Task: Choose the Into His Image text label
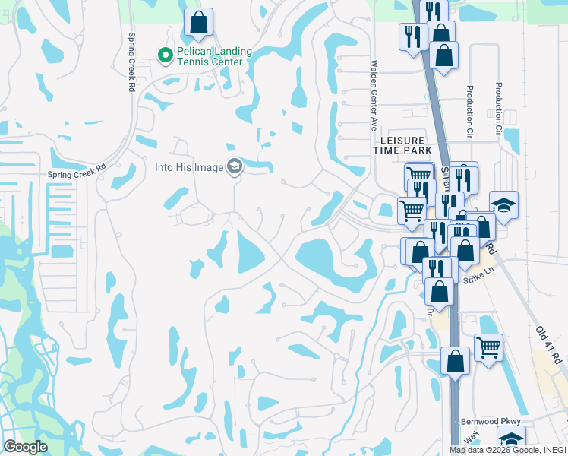pos(188,167)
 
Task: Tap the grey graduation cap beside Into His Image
pos(235,167)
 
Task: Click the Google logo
pos(25,447)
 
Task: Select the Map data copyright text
pos(508,450)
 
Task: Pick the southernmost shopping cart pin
pos(488,347)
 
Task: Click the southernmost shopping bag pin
pos(455,361)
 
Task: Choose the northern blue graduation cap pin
pos(503,204)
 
